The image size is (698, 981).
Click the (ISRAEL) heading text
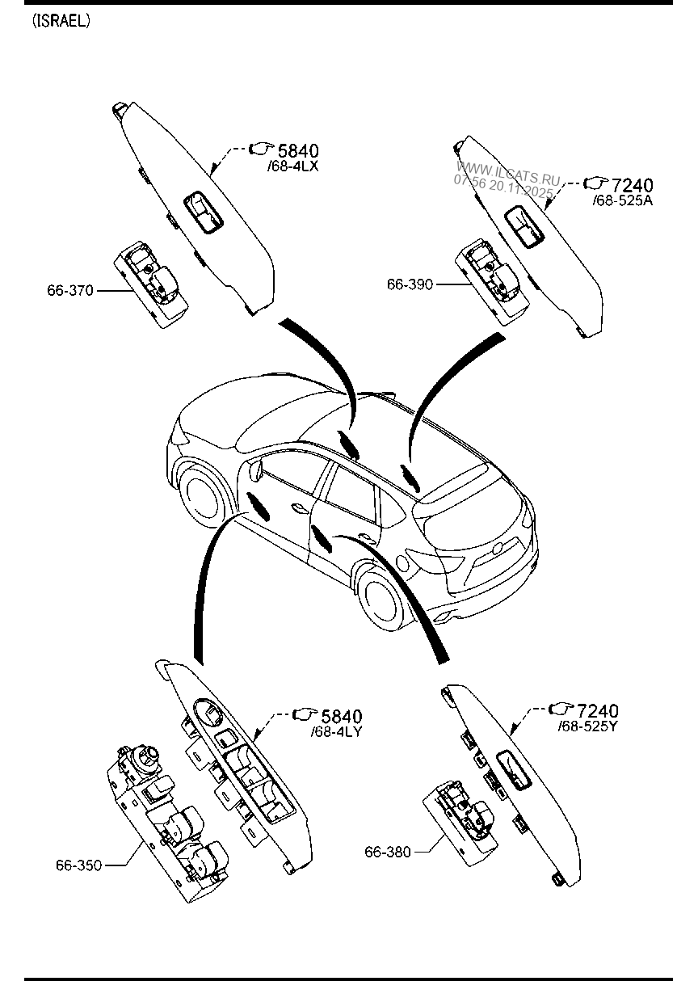[x=61, y=22]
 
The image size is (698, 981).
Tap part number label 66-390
[x=410, y=284]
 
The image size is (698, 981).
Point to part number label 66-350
[x=78, y=865]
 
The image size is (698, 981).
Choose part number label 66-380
[x=388, y=851]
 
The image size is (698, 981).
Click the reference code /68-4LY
[x=335, y=732]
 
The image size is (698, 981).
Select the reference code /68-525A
[x=622, y=200]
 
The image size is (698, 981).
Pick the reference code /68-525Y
[x=588, y=726]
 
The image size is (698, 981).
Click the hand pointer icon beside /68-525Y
[x=559, y=709]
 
